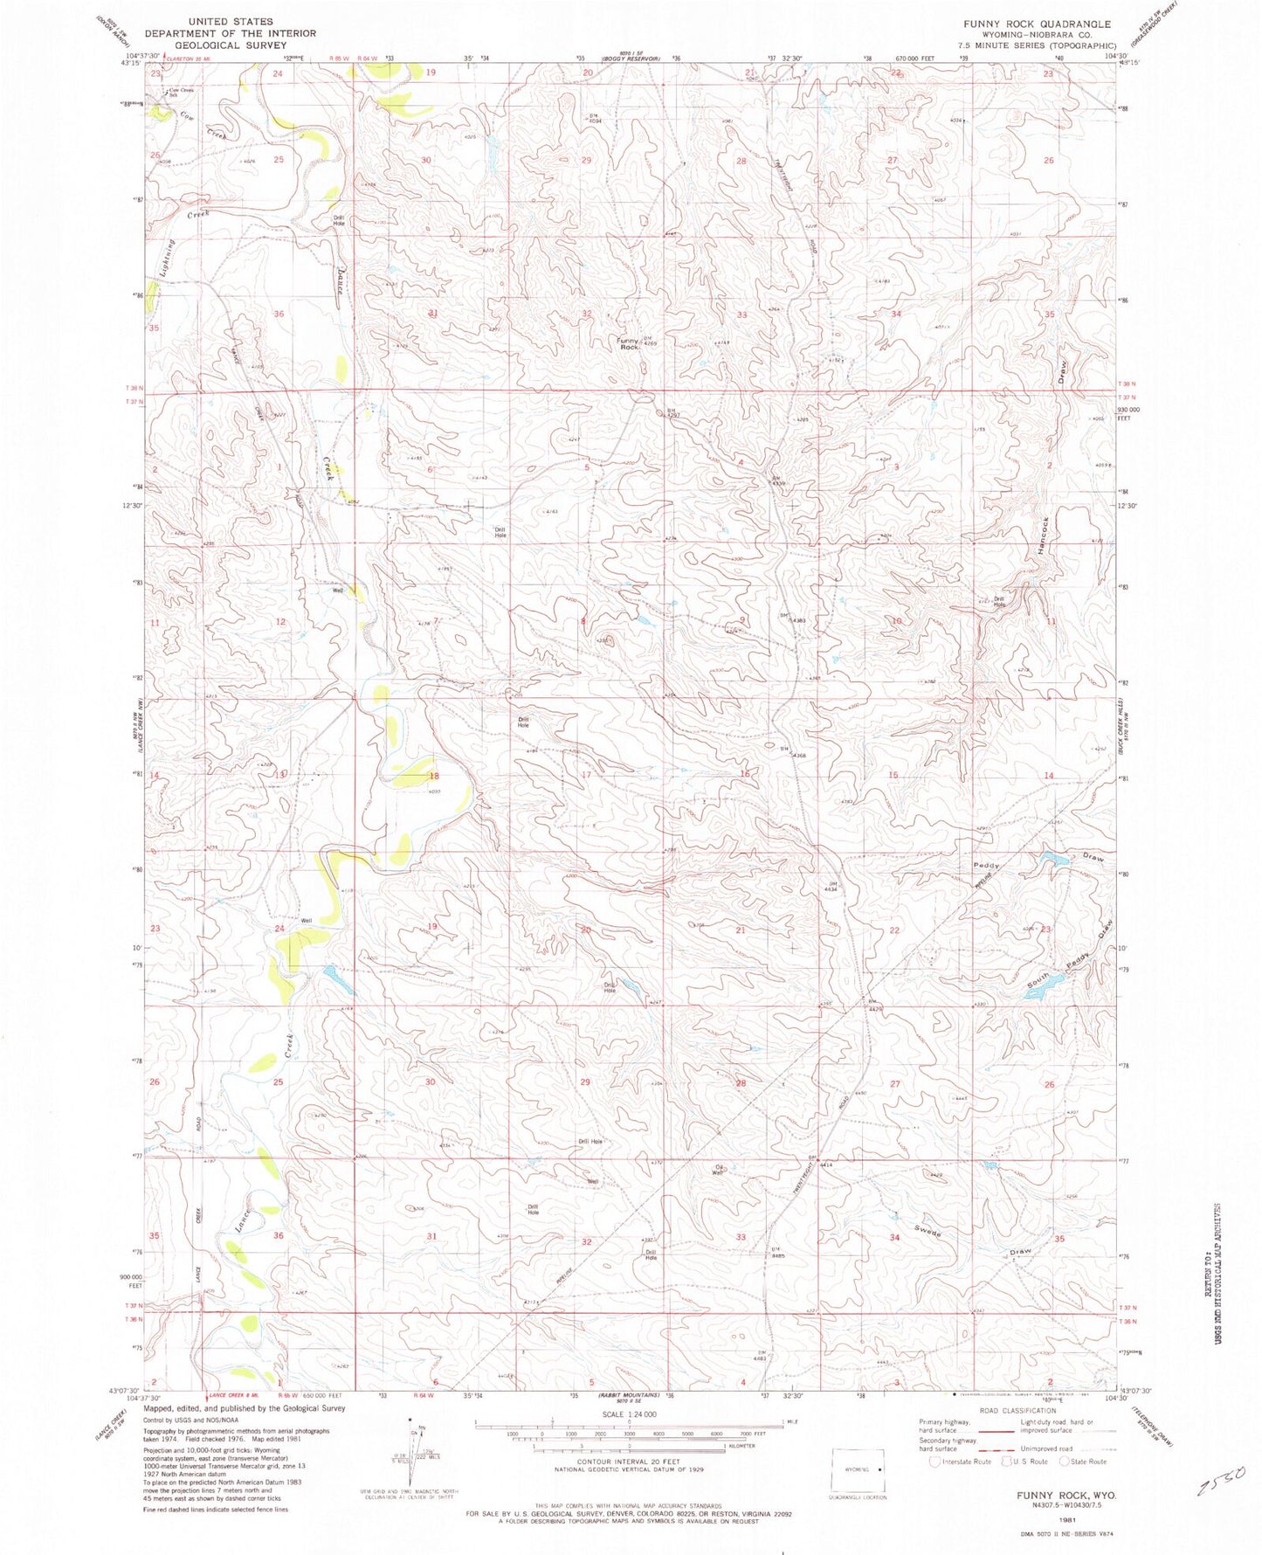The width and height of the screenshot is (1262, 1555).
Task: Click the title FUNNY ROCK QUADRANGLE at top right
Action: coord(1037,24)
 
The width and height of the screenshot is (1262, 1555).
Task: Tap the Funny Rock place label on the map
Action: coord(629,343)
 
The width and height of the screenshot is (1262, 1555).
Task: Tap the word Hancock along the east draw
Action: coord(1042,536)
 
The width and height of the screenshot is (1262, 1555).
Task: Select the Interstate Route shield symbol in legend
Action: coord(935,1461)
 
